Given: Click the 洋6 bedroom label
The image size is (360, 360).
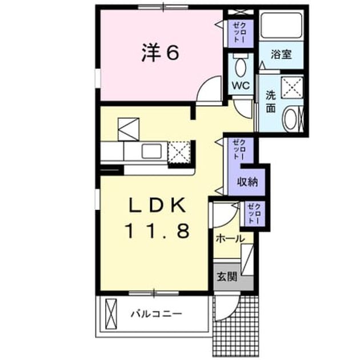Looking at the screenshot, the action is (x=160, y=53).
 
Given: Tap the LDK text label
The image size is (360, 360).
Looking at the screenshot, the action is (x=157, y=205).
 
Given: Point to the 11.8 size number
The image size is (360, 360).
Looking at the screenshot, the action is (x=158, y=230).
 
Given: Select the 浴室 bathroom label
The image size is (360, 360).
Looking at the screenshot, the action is (x=281, y=55).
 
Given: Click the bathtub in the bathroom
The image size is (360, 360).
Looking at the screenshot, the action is (x=282, y=26).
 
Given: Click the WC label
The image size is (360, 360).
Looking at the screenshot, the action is (x=241, y=86).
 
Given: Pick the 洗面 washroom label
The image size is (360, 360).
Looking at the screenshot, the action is (x=271, y=102).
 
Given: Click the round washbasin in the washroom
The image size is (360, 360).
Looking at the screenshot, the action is (x=290, y=119).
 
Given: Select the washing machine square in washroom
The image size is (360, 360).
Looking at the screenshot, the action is (x=292, y=87).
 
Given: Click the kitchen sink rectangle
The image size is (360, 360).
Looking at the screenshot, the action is (x=151, y=151).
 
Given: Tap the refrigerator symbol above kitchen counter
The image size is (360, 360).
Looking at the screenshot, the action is (x=129, y=129).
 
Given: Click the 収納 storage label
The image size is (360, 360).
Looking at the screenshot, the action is (x=247, y=182).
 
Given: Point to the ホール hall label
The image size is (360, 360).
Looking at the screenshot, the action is (x=230, y=239).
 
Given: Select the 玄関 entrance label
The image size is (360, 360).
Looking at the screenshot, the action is (x=227, y=277).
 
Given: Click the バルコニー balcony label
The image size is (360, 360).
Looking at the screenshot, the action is (x=157, y=313).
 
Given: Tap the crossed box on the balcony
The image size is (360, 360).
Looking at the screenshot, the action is (x=111, y=314).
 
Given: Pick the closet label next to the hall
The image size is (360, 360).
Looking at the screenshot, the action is (x=254, y=213).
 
